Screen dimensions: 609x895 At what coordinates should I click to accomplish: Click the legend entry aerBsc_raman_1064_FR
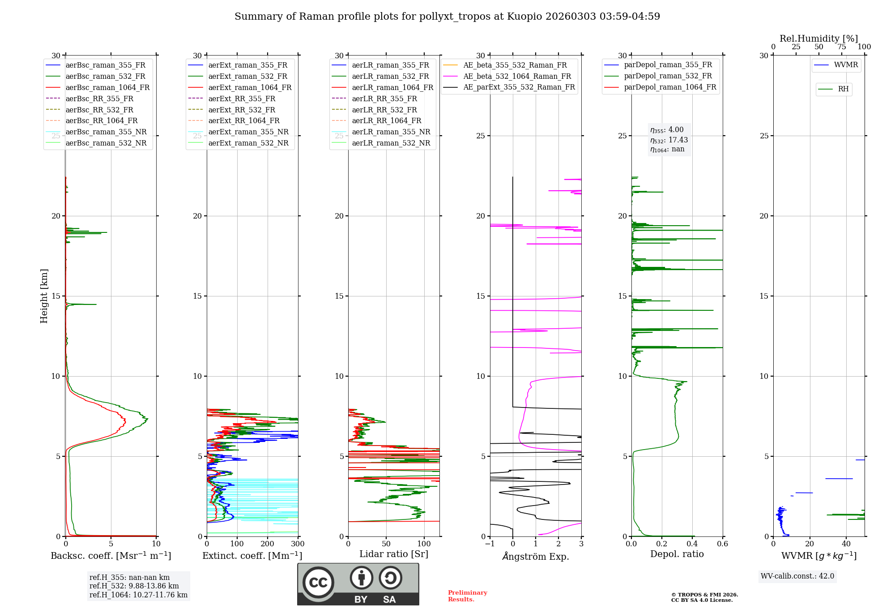tap(107, 87)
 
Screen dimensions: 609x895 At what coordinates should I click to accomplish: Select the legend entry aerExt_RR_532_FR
tap(242, 110)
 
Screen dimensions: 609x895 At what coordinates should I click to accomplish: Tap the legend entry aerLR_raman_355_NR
tap(391, 132)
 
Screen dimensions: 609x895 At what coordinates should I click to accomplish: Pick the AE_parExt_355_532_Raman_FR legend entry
tap(519, 87)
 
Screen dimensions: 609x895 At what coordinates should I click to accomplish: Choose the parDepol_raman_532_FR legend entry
tap(668, 76)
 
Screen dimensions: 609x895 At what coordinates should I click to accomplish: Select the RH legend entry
tap(843, 89)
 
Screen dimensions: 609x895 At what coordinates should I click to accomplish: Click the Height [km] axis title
tap(44, 296)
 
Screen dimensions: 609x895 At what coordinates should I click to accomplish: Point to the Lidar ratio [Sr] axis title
tap(394, 554)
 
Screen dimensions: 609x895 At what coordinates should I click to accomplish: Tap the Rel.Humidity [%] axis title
tap(818, 39)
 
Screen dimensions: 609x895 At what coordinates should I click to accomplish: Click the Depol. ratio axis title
tap(677, 554)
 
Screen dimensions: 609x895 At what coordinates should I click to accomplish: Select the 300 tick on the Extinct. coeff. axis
tap(298, 544)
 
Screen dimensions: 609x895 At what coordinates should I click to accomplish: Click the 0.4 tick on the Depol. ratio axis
tap(692, 544)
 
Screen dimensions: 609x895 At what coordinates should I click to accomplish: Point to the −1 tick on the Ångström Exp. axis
tap(490, 544)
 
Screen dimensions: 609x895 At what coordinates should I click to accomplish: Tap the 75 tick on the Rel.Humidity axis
tap(841, 47)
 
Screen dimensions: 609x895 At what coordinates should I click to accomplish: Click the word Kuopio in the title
tap(524, 17)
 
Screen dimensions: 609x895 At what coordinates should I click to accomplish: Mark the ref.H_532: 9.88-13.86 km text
tap(134, 586)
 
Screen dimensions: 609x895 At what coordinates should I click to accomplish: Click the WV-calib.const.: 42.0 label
tap(797, 576)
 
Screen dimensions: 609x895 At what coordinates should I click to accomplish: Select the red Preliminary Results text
tap(467, 596)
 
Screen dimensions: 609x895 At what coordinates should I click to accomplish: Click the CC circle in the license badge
tap(318, 582)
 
